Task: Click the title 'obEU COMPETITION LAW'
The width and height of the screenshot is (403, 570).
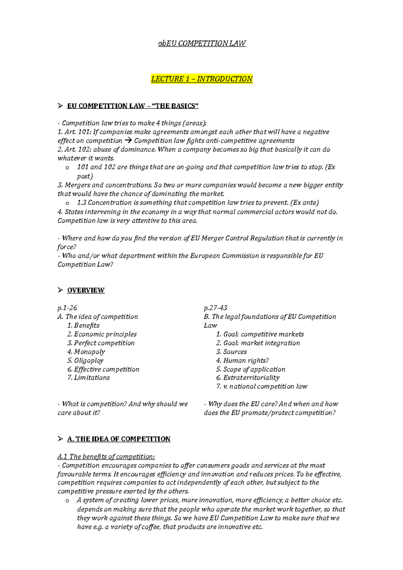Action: [202, 43]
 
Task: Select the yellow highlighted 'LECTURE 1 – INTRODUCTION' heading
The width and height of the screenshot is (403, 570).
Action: [201, 79]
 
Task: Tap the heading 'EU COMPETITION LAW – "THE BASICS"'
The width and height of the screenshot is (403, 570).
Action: [133, 106]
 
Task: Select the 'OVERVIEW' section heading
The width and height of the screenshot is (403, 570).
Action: [86, 290]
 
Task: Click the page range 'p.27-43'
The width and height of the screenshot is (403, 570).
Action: [216, 308]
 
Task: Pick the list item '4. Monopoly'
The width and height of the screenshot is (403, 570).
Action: [86, 352]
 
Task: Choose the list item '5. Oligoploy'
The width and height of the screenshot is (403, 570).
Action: [85, 361]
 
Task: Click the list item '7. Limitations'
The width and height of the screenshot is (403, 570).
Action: [88, 378]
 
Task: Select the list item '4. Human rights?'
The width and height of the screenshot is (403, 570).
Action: [242, 361]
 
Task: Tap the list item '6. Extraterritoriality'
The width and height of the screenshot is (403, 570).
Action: [248, 378]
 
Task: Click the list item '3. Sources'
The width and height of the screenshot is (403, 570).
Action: [231, 352]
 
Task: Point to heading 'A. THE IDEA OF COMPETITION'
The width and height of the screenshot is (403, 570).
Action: [119, 439]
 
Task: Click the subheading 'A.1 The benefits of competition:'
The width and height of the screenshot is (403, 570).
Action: [106, 457]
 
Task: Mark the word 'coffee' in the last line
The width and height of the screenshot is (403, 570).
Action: [150, 527]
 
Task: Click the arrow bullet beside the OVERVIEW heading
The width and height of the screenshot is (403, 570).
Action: [60, 290]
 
